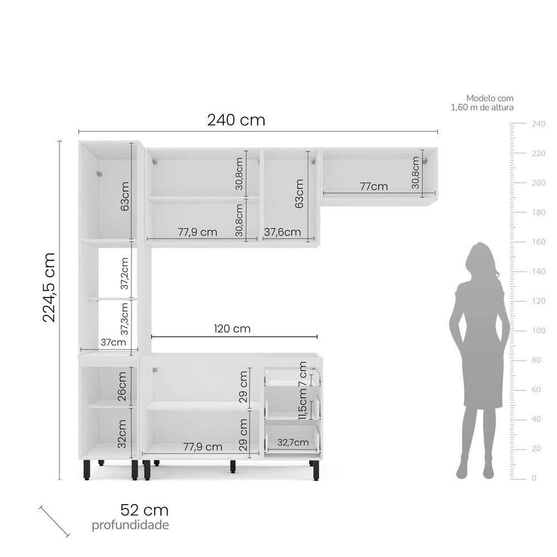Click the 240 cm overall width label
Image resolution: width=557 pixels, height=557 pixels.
(x=236, y=120)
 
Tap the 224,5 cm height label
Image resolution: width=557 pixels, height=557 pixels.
(x=50, y=287)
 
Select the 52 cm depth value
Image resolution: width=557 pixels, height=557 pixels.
(x=144, y=510)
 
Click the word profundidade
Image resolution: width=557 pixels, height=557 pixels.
(x=130, y=525)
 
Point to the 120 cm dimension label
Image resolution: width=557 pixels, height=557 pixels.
(x=232, y=329)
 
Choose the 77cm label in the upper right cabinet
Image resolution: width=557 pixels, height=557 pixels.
(x=373, y=187)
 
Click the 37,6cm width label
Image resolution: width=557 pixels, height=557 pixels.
(x=282, y=232)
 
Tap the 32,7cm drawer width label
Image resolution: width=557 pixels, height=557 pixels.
(x=292, y=443)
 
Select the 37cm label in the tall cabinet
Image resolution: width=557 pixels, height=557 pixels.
(x=113, y=342)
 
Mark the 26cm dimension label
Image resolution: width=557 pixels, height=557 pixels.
(x=123, y=387)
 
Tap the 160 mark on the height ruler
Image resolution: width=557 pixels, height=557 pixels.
(x=538, y=242)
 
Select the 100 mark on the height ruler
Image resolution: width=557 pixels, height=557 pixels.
(x=538, y=330)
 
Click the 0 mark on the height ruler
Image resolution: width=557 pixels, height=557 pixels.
(x=534, y=478)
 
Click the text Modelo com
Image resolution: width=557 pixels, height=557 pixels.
(x=490, y=98)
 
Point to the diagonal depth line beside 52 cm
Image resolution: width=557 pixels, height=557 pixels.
(x=54, y=521)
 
